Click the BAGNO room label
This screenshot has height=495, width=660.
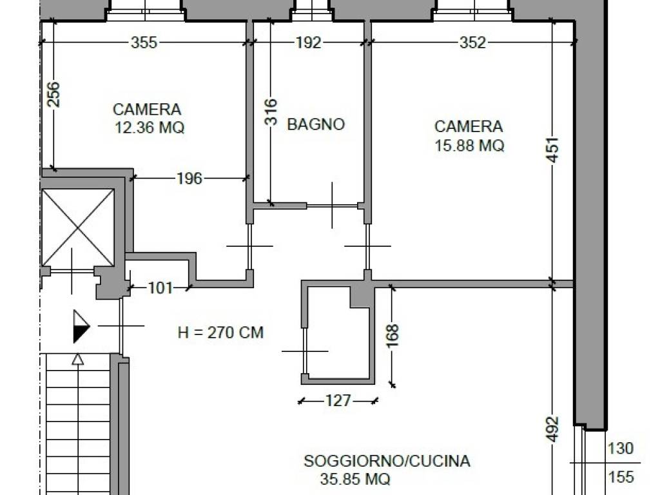tap(316, 124)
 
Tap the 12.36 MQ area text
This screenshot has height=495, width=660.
tap(149, 128)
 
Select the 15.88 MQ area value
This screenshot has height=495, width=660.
tap(469, 146)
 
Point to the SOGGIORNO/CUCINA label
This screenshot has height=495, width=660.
tap(387, 461)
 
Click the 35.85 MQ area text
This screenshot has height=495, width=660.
tap(354, 480)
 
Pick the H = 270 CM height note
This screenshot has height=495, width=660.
tap(220, 333)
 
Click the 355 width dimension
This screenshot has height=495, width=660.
tap(144, 43)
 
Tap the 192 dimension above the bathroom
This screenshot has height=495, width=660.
tap(308, 43)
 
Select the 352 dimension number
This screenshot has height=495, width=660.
tap(472, 43)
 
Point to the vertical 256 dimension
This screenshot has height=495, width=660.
tap(53, 94)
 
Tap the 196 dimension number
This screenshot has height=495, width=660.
tap(189, 179)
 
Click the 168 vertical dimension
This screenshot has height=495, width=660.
tap(393, 336)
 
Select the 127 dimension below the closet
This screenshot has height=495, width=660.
tap(338, 401)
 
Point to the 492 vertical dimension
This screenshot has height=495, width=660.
tap(552, 429)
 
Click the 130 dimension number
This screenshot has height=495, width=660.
tap(620, 448)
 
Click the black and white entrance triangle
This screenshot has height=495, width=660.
tap(81, 326)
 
